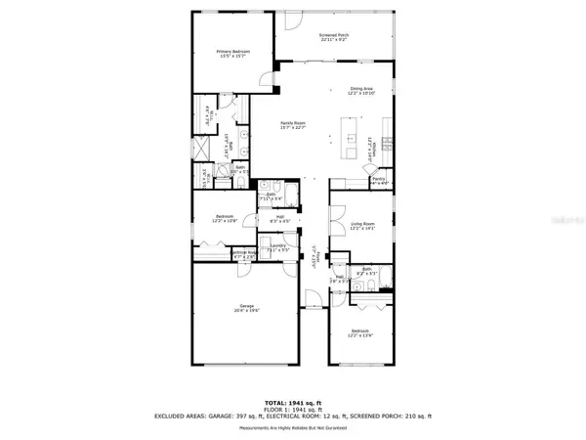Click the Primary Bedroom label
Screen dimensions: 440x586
(x=232, y=52)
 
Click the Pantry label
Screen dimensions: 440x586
(x=379, y=180)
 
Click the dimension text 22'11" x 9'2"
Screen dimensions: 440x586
(x=334, y=41)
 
